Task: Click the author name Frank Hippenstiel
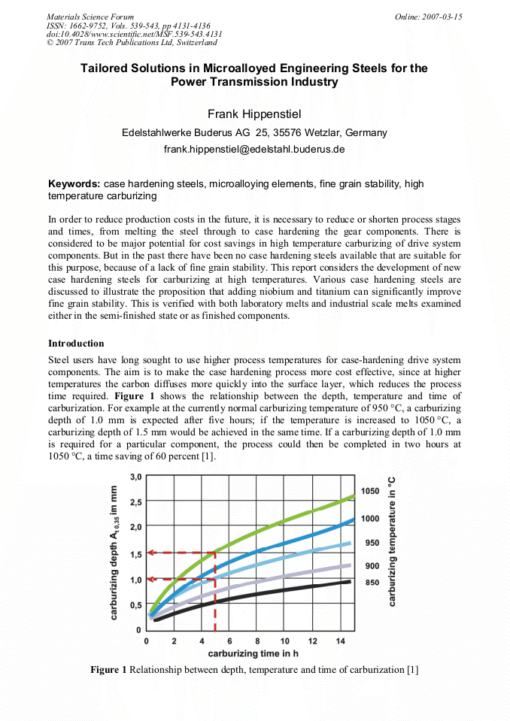[254, 114]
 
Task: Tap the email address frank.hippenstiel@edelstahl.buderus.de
[254, 150]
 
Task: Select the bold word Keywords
[74, 183]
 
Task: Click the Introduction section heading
[76, 344]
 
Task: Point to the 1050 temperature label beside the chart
[369, 491]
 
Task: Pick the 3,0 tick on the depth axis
[136, 477]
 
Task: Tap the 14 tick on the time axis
[340, 641]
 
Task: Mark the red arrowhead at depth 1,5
[150, 553]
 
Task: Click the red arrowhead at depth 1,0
[150, 579]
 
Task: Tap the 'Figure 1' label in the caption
[108, 669]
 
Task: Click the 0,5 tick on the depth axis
[136, 604]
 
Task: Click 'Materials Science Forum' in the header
[90, 17]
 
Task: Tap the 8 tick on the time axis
[257, 641]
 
